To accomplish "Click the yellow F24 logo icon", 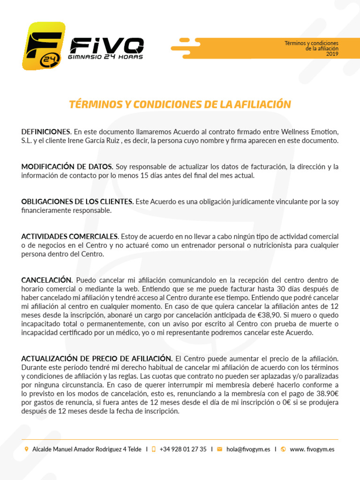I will pos(43,45).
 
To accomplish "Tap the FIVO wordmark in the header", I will pos(106,45).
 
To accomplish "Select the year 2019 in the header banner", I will pos(332,54).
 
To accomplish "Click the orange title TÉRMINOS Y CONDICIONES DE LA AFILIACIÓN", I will pos(180,105).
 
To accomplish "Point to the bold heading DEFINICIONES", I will pos(45,131).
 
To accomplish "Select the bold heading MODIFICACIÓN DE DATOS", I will pos(67,166).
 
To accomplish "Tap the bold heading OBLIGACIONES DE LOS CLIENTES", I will pos(77,202).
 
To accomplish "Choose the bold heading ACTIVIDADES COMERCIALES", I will pos(69,236).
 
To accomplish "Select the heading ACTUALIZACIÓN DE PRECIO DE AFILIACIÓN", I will pos(97,359).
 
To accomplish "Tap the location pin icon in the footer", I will pos(26,449).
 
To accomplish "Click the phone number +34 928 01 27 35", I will pos(183,449).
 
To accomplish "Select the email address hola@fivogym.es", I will pos(248,449).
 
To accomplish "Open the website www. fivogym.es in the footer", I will pos(312,449).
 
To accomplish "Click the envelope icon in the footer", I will pos(219,449).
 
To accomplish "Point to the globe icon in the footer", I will pos(283,449).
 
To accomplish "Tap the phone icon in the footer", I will pos(153,449).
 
